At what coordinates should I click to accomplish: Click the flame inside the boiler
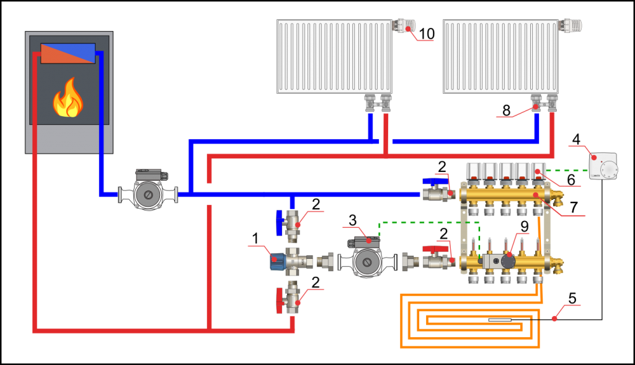click(x=68, y=99)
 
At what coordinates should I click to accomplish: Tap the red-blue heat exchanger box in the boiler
click(x=68, y=53)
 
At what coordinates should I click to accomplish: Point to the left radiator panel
click(x=334, y=56)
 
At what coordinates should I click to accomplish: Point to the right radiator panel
click(x=500, y=56)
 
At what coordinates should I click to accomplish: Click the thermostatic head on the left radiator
click(x=406, y=26)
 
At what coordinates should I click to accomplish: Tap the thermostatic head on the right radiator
click(x=571, y=26)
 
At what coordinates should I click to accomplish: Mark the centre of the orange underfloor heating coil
click(x=471, y=321)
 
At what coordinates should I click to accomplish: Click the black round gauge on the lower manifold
click(x=508, y=261)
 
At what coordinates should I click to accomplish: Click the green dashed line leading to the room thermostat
click(x=567, y=170)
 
